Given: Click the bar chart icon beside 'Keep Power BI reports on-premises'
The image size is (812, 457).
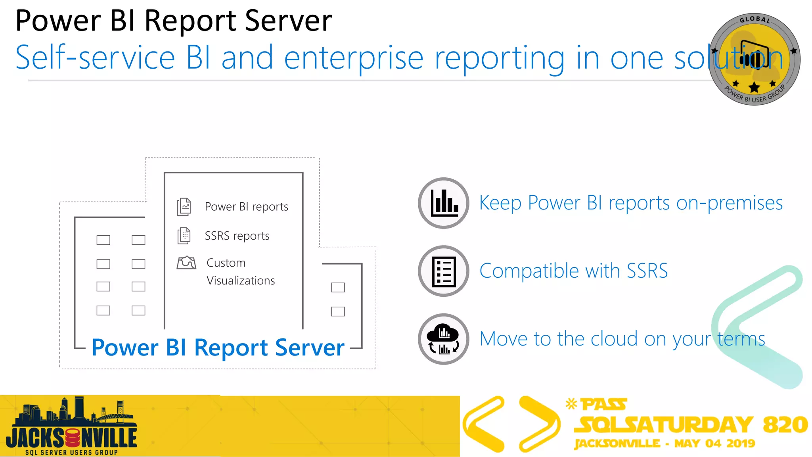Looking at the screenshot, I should coord(444,203).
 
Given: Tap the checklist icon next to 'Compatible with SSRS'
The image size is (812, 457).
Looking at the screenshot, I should coord(444,271).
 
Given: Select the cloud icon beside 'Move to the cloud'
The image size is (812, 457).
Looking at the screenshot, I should coord(444,339).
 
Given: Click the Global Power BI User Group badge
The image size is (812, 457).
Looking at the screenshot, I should coord(754,60).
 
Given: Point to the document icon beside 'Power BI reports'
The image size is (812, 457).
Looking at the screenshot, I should coord(184,207).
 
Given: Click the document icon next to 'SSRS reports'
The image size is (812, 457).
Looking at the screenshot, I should coord(184,236).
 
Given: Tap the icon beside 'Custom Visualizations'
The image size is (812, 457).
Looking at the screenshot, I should coord(186,263).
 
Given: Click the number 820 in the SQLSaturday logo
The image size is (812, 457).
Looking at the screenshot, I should coord(785,424).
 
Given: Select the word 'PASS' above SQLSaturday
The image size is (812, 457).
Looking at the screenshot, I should coord(603,405).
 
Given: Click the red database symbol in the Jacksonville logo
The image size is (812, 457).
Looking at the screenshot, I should coord(73,438).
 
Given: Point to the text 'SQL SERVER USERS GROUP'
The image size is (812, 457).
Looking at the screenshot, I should coord(71,453).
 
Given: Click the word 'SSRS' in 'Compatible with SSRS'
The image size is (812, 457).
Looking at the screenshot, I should coord(647,271).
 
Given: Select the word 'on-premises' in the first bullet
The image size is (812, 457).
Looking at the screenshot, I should coord(729,203).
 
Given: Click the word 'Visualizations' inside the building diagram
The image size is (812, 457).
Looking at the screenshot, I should coord(241,281).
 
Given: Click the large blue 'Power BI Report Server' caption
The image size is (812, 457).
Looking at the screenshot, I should coord(218,348).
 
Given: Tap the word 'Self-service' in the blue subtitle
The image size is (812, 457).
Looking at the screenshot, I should coord(95,58).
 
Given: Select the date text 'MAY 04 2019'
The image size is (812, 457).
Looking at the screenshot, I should coord(714,444).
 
